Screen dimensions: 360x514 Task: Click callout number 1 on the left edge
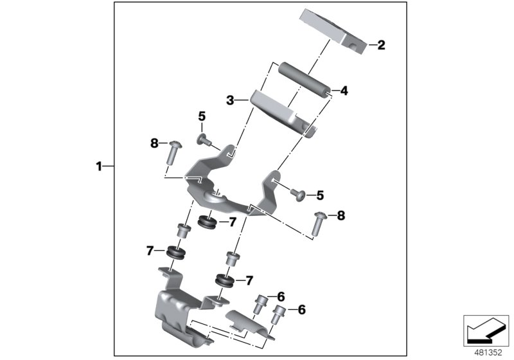(x=99, y=166)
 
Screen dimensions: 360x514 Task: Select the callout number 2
(x=381, y=45)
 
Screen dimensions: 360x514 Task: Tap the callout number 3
(x=229, y=100)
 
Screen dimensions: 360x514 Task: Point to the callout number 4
(x=344, y=91)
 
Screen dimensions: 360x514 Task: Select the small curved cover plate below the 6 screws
(x=247, y=325)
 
